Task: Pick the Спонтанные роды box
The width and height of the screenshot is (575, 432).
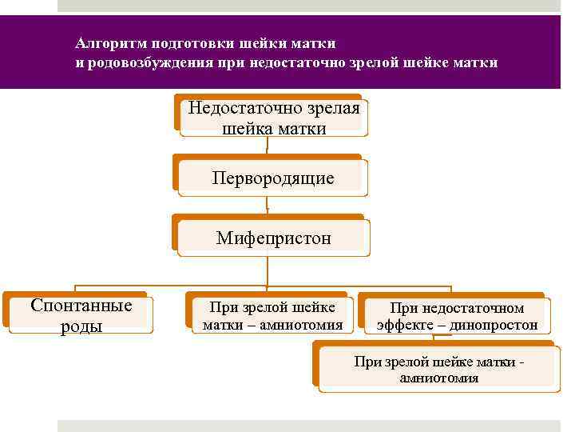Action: tap(81, 315)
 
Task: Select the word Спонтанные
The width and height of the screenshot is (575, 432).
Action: tap(81, 306)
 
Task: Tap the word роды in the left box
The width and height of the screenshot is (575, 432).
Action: tap(81, 326)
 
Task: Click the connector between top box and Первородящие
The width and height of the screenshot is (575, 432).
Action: tap(268, 146)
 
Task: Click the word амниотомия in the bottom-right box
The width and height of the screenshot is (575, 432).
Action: tap(439, 378)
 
